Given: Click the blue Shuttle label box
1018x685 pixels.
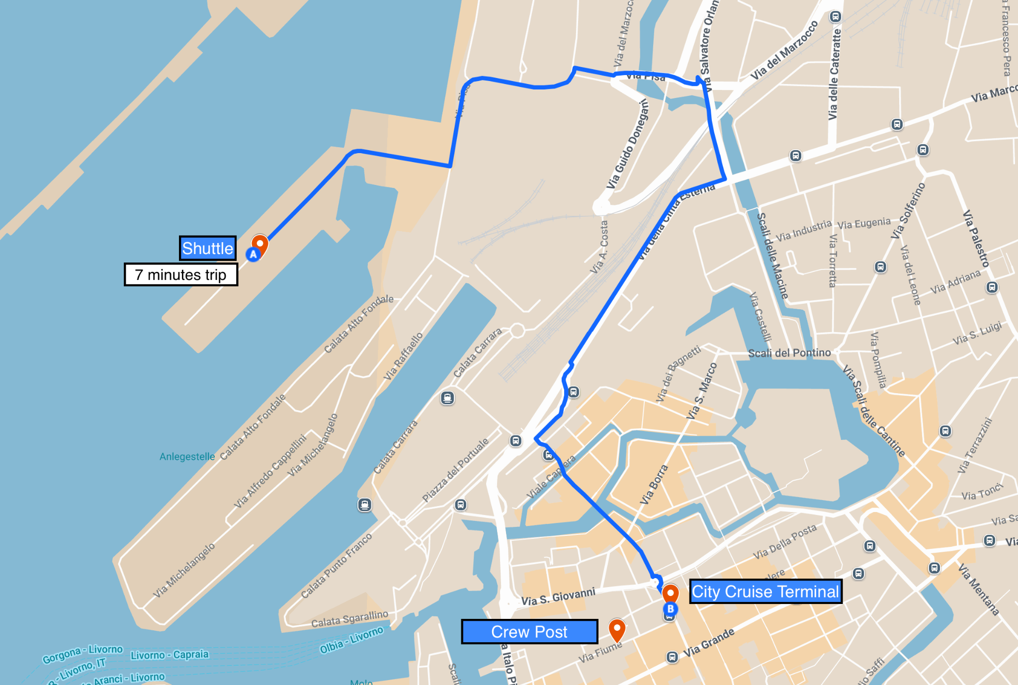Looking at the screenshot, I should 208,248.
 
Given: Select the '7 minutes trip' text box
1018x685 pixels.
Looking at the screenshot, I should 181,274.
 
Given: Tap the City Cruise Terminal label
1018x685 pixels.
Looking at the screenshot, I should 765,592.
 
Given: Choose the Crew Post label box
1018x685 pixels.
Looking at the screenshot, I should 529,632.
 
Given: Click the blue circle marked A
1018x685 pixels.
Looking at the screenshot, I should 254,255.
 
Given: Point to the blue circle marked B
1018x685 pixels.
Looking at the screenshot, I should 670,609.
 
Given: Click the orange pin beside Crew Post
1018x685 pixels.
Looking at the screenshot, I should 617,630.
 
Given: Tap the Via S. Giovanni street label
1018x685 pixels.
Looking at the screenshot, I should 558,597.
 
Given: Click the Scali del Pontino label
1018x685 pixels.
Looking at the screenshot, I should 789,353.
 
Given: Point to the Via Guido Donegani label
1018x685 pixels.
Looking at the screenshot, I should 627,144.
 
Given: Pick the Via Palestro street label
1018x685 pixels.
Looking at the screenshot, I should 976,239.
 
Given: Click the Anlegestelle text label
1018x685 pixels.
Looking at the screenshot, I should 187,456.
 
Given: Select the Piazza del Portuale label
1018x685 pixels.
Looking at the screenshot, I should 455,470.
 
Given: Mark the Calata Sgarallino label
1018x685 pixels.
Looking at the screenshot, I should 349,619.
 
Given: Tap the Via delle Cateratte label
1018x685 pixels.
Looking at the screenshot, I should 835,75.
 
